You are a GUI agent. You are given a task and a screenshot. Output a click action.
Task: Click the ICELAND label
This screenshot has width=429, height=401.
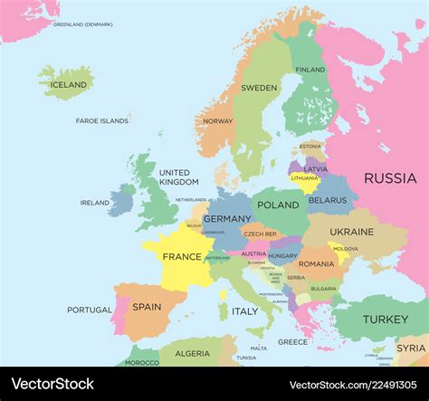tap(70, 85)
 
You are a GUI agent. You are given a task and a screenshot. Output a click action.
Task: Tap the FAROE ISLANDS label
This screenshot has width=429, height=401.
tap(101, 120)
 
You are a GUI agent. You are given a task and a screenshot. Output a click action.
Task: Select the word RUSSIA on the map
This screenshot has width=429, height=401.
tap(390, 178)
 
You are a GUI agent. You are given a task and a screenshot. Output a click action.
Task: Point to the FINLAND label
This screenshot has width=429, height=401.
tap(310, 70)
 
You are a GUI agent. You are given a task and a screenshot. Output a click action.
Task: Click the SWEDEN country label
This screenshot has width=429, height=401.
tap(259, 88)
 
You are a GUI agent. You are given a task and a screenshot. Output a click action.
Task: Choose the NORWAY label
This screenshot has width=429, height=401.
tap(218, 120)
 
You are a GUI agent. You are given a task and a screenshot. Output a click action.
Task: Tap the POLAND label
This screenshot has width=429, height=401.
tap(278, 205)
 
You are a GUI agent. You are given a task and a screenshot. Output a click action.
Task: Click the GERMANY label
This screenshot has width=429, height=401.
tap(227, 219)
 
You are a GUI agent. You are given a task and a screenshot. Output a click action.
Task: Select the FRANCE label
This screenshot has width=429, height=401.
tap(182, 256)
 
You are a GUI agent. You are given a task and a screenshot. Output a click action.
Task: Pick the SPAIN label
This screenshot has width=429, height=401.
tap(147, 307)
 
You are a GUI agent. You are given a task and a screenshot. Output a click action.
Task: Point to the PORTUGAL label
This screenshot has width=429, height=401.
tap(90, 310)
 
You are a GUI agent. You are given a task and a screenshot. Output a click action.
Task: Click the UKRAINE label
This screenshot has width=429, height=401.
tap(351, 232)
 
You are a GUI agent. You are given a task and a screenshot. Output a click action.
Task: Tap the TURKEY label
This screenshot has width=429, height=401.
tap(386, 319)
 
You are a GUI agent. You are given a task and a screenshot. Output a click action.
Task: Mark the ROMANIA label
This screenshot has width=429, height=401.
tap(318, 263)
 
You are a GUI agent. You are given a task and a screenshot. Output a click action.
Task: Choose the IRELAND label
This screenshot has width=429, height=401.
tap(94, 203)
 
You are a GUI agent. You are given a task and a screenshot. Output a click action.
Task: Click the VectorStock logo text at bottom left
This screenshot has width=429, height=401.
tap(52, 384)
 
